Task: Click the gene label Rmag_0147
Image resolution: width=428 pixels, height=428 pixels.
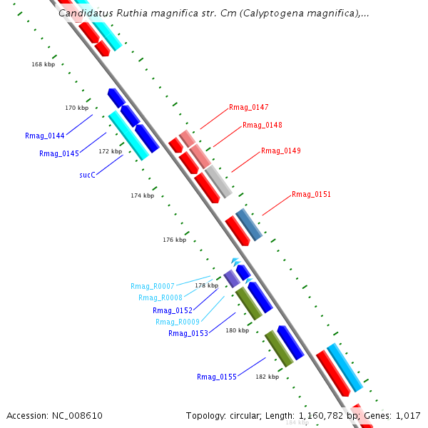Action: (248, 108)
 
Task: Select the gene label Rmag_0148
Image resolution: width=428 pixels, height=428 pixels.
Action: (262, 126)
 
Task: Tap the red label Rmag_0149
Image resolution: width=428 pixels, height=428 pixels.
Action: (280, 151)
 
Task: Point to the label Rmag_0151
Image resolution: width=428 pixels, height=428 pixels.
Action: (311, 195)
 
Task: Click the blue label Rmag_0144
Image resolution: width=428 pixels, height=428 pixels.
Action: (44, 136)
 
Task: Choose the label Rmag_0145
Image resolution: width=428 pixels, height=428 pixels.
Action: (58, 153)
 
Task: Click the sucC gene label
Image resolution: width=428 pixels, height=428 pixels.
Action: (87, 174)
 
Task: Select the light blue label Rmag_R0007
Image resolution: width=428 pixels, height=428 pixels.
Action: (152, 286)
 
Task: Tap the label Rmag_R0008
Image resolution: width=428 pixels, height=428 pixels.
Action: (160, 298)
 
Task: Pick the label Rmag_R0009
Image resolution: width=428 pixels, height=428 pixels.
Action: (177, 322)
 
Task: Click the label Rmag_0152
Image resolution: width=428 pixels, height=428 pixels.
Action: (172, 310)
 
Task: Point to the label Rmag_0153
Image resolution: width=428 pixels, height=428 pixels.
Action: (188, 334)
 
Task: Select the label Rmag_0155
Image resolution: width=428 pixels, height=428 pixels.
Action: (216, 377)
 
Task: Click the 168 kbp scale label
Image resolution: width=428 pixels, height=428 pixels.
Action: (43, 64)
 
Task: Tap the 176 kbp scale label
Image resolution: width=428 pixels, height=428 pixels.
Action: (174, 240)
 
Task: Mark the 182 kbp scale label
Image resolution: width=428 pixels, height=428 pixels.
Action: (267, 377)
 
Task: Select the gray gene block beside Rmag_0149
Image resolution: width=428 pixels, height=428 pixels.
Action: (219, 181)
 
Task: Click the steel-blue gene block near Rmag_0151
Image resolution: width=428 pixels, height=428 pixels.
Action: (249, 225)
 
